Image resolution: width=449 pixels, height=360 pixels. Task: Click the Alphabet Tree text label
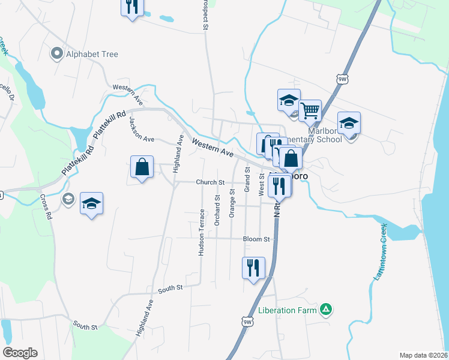click(92, 54)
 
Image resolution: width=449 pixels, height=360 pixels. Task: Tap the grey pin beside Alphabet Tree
click(58, 54)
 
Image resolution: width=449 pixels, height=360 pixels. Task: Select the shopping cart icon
click(310, 110)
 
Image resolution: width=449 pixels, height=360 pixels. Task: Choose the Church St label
click(209, 182)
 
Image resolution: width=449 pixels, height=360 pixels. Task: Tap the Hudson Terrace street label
click(202, 232)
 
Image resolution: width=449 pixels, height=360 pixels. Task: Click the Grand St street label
click(247, 180)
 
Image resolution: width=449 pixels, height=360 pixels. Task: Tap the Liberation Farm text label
click(288, 310)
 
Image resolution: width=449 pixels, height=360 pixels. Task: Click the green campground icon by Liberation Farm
click(325, 310)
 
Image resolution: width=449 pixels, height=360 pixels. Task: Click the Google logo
click(20, 353)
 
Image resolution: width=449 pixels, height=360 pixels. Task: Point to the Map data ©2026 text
click(423, 355)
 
